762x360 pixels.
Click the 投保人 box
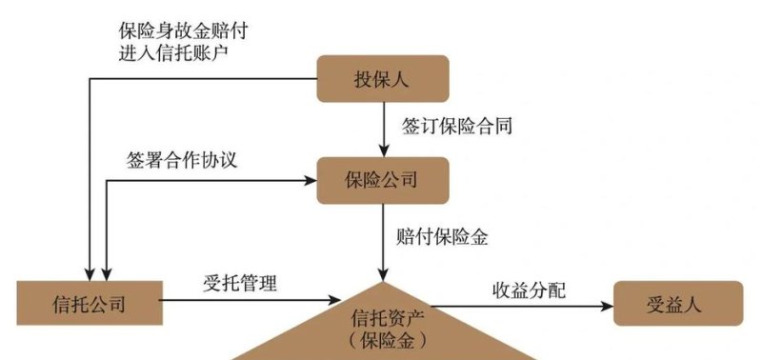point(382,79)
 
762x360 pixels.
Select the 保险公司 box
point(382,178)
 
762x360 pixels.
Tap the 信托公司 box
point(89,304)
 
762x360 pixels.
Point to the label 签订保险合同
point(452,125)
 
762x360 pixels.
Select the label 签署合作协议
point(181,160)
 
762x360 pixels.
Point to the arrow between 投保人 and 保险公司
point(382,126)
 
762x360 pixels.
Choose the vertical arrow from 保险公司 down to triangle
point(382,238)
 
